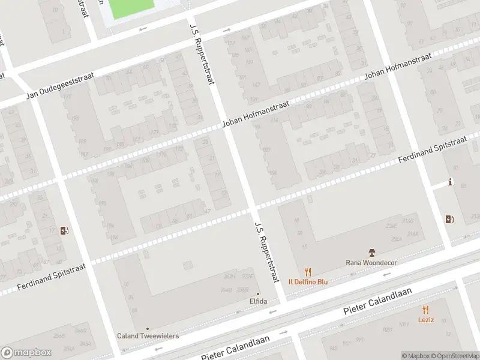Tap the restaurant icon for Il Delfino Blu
[x=308, y=272]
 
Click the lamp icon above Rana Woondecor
[x=371, y=252]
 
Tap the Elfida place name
[x=259, y=301]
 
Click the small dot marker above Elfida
[x=259, y=293]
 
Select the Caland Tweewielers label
[x=148, y=336]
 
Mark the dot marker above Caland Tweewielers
[x=148, y=328]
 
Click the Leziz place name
[x=426, y=320]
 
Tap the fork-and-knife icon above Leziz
[x=426, y=310]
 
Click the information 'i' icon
[x=449, y=183]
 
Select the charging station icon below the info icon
[x=449, y=220]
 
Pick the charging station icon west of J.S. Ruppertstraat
[x=65, y=230]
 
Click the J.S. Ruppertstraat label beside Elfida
[x=267, y=252]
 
